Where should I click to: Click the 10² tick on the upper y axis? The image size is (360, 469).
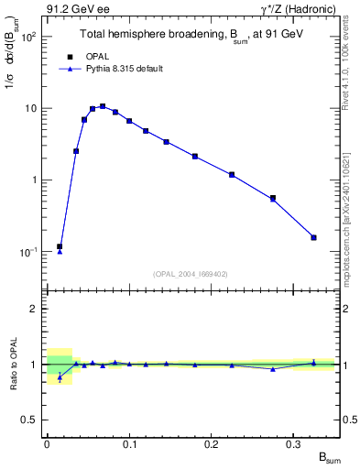pos(30,38)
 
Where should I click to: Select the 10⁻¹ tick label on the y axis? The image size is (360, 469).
pos(30,252)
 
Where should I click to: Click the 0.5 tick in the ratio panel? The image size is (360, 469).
pos(32,420)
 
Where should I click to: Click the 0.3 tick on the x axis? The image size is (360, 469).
pos(294,443)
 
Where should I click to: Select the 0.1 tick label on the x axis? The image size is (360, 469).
pos(129,443)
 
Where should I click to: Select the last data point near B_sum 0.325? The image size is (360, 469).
pos(313,237)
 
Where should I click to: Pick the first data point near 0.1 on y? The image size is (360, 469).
pos(60,246)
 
